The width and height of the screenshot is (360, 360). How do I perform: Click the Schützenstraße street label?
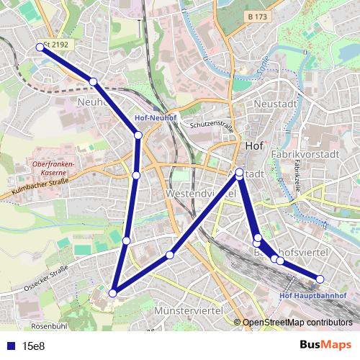tap(212, 125)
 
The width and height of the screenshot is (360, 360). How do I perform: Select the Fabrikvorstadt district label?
tap(305, 154)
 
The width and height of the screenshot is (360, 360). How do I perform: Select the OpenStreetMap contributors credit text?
tap(297, 323)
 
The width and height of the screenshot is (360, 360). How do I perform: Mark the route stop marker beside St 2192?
tap(40, 48)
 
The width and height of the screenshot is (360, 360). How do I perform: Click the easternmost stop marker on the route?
tap(320, 279)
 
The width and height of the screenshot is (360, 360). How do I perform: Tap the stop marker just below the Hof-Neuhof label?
tap(138, 135)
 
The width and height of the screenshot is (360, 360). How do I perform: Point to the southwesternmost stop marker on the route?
tap(112, 293)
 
